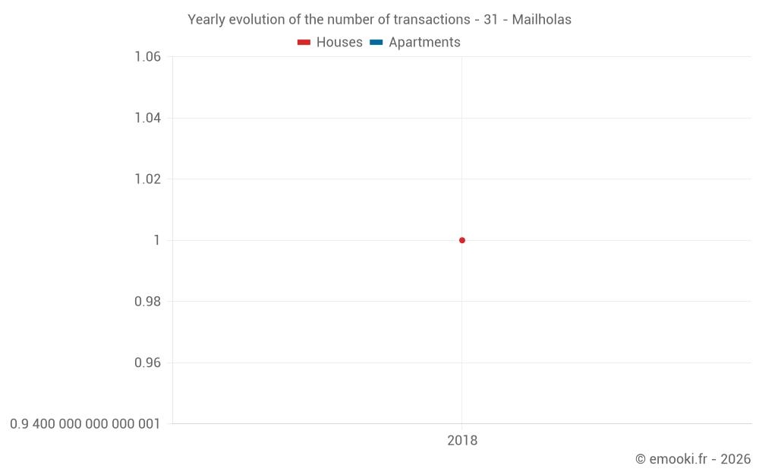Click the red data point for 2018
[x=461, y=240]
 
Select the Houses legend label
[x=339, y=43]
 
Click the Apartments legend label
[x=424, y=43]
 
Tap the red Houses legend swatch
[x=304, y=43]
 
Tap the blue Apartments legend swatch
[x=376, y=43]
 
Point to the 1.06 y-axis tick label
[x=147, y=57]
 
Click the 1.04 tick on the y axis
[x=147, y=118]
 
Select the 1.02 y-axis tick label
[x=147, y=179]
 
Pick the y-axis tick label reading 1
[x=156, y=240]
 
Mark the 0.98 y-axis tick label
[x=147, y=302]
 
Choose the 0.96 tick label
[x=147, y=363]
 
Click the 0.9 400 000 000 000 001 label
[x=85, y=424]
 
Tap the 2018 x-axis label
[x=462, y=441]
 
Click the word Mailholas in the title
[x=541, y=20]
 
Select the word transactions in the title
[x=433, y=20]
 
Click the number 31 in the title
[x=490, y=20]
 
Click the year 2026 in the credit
[x=735, y=459]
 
